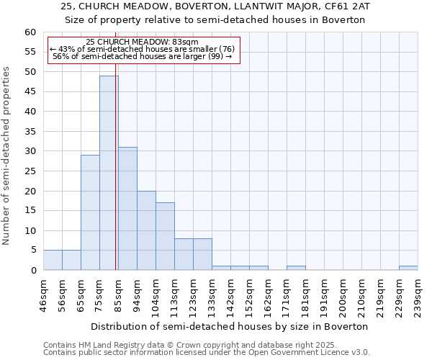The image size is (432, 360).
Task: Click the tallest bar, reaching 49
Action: [109, 173]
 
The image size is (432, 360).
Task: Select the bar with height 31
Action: [127, 209]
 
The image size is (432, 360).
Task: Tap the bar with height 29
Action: [90, 212]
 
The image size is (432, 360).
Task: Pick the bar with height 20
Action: [146, 230]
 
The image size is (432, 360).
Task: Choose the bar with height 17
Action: [165, 236]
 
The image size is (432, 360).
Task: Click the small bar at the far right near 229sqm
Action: [408, 268]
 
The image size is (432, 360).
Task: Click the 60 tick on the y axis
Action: [30, 32]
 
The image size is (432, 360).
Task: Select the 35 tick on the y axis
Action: [30, 132]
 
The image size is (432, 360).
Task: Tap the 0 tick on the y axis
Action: [33, 271]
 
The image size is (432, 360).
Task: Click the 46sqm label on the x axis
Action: [44, 293]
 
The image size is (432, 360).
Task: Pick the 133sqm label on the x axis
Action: [212, 293]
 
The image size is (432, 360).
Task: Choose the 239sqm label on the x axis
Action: [418, 293]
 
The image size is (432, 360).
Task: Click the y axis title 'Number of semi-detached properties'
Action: [7, 155]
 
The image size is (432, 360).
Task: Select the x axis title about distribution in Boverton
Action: [230, 326]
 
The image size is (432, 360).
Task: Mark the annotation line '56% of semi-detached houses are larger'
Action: [142, 56]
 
